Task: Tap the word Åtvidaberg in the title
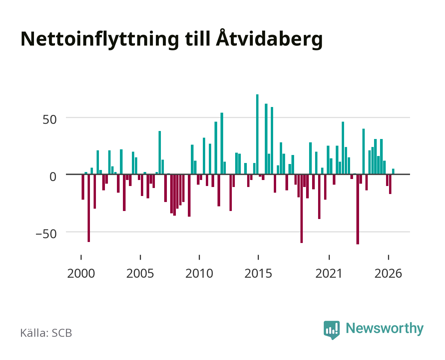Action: (269, 39)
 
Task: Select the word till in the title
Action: (197, 39)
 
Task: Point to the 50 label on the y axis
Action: (50, 120)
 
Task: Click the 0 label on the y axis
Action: (53, 177)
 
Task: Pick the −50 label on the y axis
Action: (46, 234)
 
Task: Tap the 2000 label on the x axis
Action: (81, 273)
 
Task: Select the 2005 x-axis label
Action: (140, 273)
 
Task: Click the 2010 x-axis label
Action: (199, 273)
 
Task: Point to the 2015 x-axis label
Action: (258, 273)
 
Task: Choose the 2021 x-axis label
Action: (329, 273)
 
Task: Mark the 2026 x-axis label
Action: (388, 273)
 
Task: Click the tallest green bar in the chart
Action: (257, 134)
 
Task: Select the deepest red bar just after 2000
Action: (89, 208)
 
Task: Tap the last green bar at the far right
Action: (393, 171)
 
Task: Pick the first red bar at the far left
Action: (83, 187)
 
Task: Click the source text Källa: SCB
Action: (46, 333)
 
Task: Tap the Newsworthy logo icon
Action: (331, 330)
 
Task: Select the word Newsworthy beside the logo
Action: (385, 329)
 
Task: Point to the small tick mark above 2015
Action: (258, 257)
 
